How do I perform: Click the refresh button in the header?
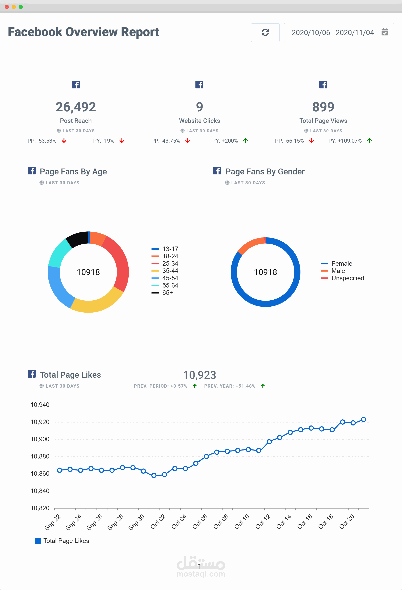point(265,32)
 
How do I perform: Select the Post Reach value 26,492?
point(76,107)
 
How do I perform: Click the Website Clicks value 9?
point(200,107)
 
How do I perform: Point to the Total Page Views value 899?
point(323,107)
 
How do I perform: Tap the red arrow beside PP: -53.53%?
point(64,141)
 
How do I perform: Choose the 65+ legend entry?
point(162,293)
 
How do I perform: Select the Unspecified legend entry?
point(342,278)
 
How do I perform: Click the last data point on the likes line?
point(363,419)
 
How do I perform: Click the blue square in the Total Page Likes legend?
point(38,541)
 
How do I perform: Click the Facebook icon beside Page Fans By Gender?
point(217,171)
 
